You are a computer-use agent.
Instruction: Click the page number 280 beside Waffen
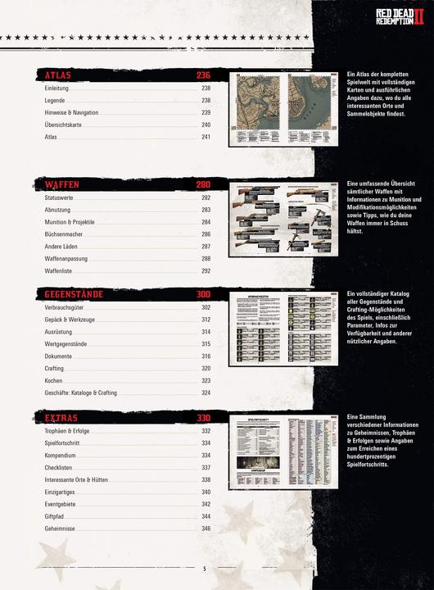(x=204, y=184)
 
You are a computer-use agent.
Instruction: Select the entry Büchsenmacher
(x=66, y=234)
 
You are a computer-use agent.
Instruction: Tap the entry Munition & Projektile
(x=70, y=222)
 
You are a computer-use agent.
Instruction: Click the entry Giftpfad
(x=57, y=517)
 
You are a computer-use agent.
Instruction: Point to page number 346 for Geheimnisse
(x=206, y=529)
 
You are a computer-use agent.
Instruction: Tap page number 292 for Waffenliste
(x=206, y=270)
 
